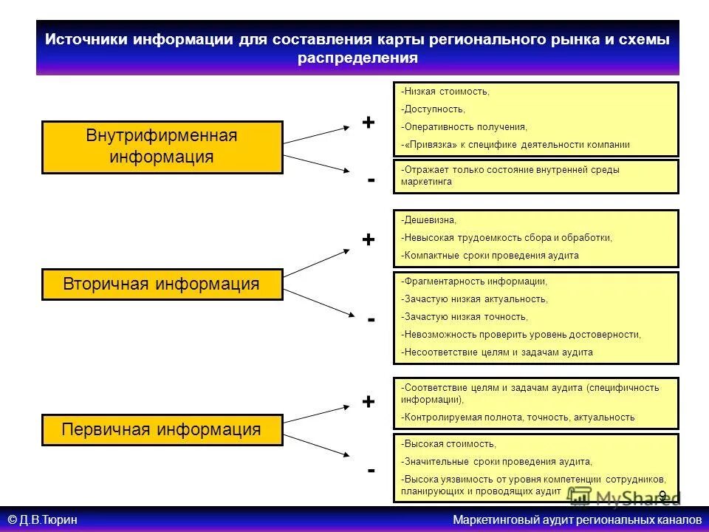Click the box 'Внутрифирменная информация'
pos(162,147)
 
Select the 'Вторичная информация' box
pos(162,284)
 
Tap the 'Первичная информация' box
pos(162,430)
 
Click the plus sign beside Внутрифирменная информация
pos(368,122)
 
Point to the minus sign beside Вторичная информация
pos(371,319)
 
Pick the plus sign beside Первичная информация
pos(368,402)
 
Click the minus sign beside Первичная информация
pos(371,470)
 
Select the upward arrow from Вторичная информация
pos(318,263)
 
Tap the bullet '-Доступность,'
pos(434,109)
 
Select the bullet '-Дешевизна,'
pos(429,220)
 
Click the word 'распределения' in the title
pos(357,58)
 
